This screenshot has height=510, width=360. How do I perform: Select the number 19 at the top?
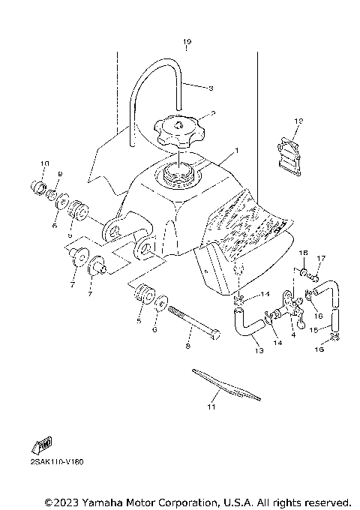[x=187, y=41]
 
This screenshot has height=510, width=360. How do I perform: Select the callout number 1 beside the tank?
[x=237, y=150]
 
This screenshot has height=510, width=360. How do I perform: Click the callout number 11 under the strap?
[x=211, y=406]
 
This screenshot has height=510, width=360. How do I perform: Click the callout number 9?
[x=61, y=174]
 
